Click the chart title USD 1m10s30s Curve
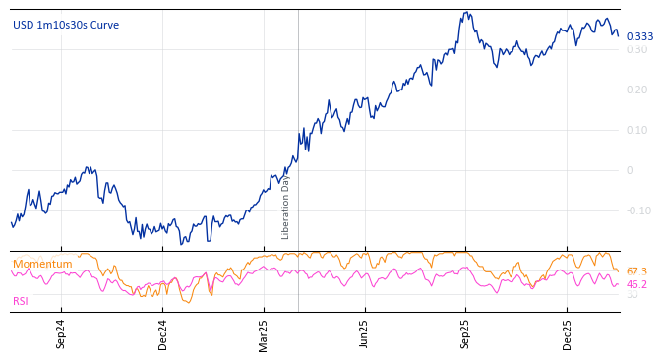coord(66,25)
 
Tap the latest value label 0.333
coord(639,37)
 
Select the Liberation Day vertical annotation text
coord(286,207)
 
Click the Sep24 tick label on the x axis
coord(61,333)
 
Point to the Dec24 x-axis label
coord(162,333)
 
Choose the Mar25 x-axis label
coord(264,333)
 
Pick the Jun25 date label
coord(365,333)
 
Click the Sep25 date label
coord(466,333)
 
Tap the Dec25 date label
coord(568,333)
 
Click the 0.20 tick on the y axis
coord(637,90)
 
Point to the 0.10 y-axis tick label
coord(637,130)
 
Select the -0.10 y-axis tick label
coord(637,210)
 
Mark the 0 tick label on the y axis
coord(631,170)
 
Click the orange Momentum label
coord(42,265)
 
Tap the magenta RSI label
coord(21,301)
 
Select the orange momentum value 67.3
coord(636,271)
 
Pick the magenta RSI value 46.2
coord(636,284)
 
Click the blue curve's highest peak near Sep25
coord(468,13)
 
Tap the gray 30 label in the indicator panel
coord(633,295)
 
